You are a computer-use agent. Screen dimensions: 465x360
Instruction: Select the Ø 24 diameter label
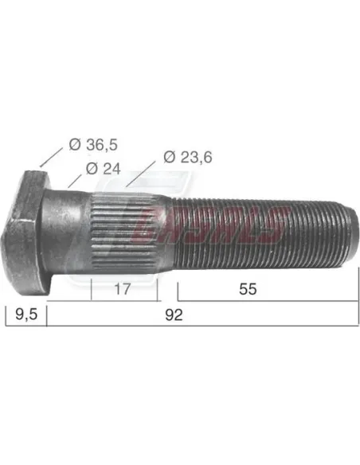point(103,168)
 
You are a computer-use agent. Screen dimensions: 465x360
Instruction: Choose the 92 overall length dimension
point(174,315)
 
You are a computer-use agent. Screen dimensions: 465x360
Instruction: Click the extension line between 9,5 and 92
point(46,315)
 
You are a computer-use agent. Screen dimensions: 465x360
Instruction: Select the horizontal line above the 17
point(124,279)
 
